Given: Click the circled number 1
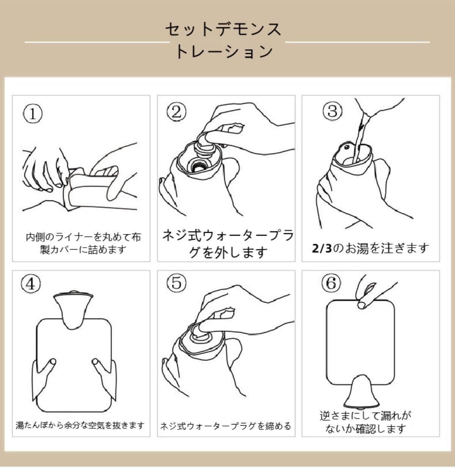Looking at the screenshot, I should [33, 114].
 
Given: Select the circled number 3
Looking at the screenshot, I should [333, 111].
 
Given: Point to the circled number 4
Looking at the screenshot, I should [30, 284].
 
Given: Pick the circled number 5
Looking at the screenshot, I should [177, 283].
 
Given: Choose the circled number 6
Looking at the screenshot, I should [331, 283].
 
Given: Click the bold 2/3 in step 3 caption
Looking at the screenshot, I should [322, 248].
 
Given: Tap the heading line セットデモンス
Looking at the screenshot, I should [223, 30].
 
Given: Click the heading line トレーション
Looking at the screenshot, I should [224, 51].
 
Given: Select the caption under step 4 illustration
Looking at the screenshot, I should [80, 425].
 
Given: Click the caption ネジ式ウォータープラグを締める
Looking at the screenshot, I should [226, 426].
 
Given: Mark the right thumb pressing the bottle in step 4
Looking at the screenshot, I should [98, 365].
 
